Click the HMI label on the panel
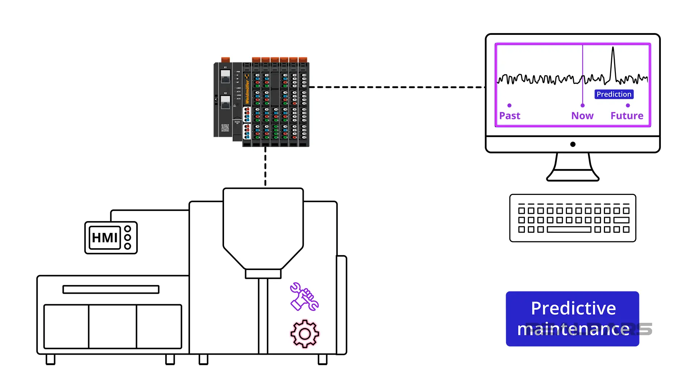104,238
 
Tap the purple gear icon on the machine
304,334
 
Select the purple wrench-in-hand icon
304,297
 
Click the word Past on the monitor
509,116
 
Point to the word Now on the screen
582,116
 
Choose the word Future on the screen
627,116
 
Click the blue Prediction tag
614,94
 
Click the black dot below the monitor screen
573,144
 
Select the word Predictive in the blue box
573,309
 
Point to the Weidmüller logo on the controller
247,89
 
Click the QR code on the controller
225,128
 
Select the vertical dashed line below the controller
265,167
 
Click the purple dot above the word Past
509,106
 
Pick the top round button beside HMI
128,229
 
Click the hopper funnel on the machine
263,229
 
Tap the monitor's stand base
573,177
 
